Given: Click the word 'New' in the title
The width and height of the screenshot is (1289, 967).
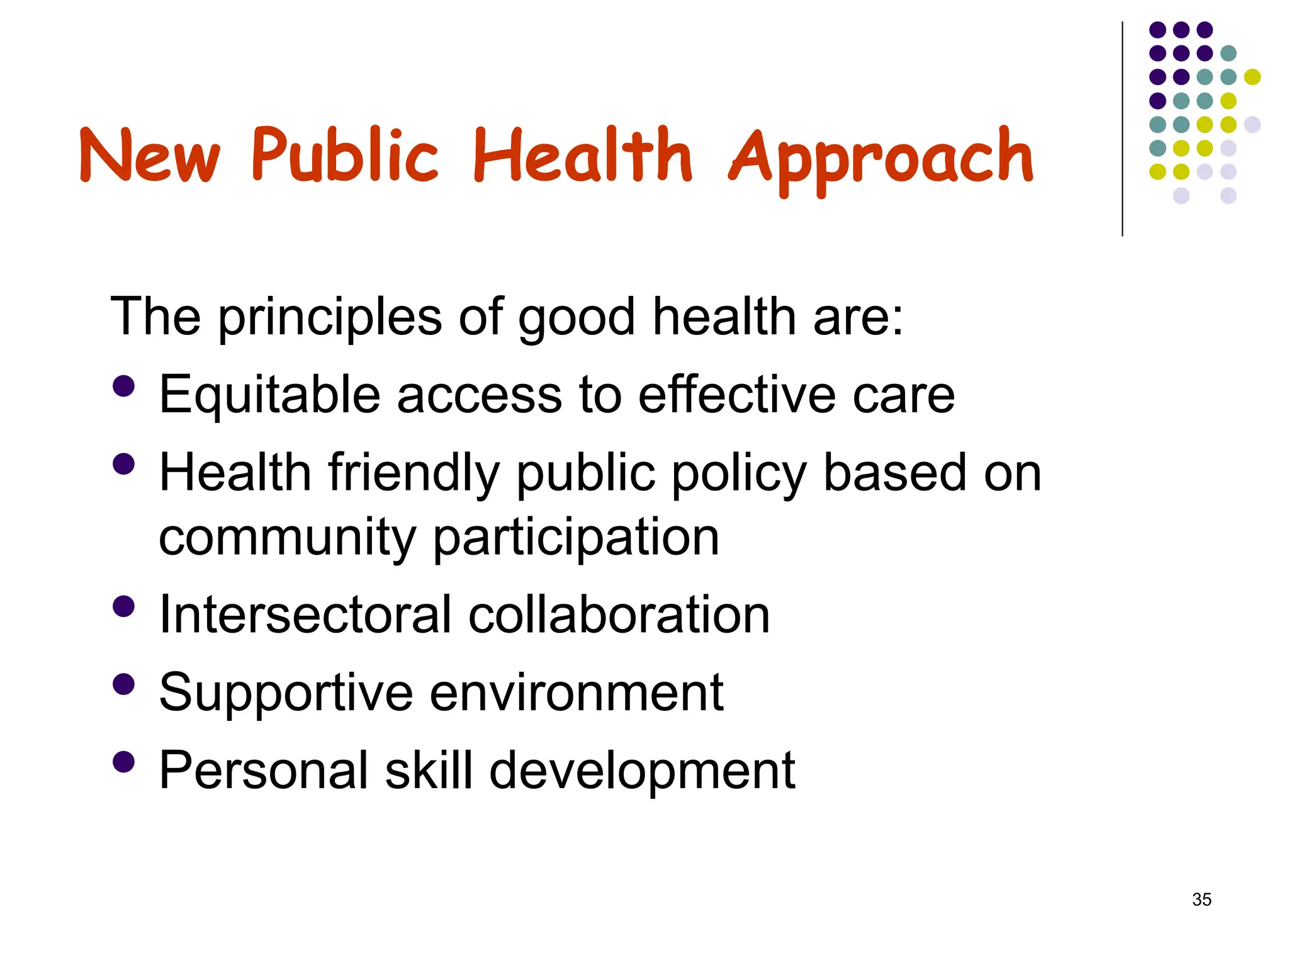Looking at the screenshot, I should tap(150, 155).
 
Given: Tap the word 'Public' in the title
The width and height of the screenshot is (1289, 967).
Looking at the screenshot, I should tap(344, 155).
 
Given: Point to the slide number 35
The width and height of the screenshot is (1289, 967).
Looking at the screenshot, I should tap(1202, 900).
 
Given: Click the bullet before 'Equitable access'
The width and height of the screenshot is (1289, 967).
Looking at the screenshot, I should tap(124, 386).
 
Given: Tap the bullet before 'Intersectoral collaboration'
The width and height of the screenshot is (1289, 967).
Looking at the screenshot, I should tap(124, 606).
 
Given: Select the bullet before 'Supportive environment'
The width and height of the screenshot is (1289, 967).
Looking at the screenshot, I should tap(124, 684).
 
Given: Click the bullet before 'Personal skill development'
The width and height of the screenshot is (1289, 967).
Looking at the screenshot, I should tap(124, 761).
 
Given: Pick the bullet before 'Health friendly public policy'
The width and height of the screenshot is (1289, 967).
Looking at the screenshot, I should tap(124, 464).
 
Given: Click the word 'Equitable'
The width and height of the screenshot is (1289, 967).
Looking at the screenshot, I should tap(269, 395).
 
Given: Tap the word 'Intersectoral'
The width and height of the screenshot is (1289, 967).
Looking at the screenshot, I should tap(305, 614).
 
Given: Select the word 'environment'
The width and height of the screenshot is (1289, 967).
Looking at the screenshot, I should tap(577, 693).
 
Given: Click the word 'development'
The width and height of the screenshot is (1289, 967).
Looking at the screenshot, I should tap(642, 771).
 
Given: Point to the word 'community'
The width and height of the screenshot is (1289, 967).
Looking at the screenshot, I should tap(287, 538).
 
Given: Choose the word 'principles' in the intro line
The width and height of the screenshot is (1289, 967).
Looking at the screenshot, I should tap(330, 317).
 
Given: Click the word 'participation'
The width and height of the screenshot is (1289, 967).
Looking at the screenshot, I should tap(576, 538).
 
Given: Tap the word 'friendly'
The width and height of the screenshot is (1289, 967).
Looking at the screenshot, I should tap(414, 473).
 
